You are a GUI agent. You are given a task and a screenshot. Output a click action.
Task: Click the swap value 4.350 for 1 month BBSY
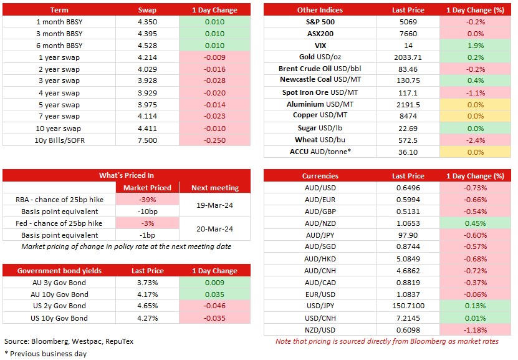click(147, 22)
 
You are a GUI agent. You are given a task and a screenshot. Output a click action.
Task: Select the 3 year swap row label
click(59, 80)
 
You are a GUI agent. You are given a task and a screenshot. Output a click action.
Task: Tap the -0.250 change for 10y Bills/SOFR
click(214, 140)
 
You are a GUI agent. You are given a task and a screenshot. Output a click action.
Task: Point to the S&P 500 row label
click(320, 22)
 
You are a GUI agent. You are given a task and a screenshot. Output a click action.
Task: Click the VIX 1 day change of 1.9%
click(476, 46)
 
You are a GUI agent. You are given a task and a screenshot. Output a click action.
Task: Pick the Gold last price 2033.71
click(408, 57)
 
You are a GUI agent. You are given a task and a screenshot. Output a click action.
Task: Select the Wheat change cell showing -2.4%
click(476, 140)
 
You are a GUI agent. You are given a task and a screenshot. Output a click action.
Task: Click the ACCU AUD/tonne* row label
click(320, 152)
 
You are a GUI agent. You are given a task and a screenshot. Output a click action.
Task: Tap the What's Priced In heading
click(126, 175)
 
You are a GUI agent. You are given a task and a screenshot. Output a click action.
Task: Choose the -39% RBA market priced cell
click(147, 200)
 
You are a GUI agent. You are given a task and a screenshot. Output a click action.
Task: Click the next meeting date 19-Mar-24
click(214, 205)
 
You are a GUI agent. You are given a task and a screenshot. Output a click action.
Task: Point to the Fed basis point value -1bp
click(147, 235)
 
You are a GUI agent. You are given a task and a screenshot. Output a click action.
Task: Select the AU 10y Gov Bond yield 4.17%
click(147, 294)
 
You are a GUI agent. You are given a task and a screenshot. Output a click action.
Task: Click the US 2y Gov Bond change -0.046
click(214, 306)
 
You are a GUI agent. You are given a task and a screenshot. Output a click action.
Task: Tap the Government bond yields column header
click(59, 271)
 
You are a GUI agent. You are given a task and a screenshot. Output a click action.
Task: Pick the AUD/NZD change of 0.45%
click(476, 223)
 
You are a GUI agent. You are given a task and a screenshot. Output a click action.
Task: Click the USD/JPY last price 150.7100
click(408, 306)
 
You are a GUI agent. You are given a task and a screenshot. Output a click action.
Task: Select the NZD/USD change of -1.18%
click(476, 330)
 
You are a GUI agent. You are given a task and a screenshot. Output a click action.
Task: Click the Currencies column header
click(320, 176)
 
